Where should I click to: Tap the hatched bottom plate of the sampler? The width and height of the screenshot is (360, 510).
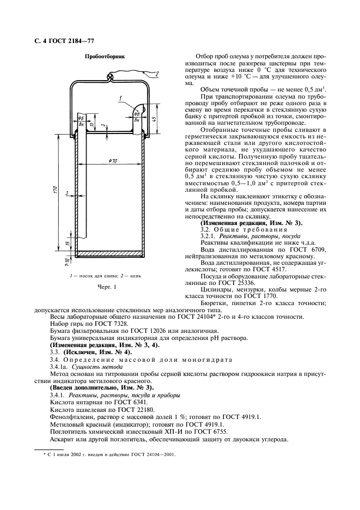coord(108,253)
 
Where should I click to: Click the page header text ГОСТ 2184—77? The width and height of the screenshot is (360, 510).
coord(80,42)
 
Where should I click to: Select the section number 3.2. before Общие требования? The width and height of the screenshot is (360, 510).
coord(208,229)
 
